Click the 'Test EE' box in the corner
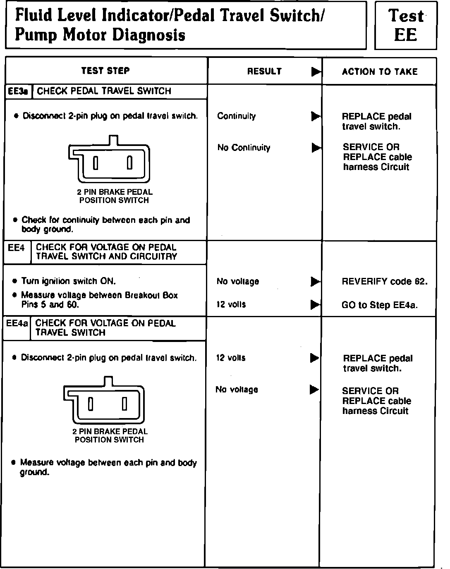405,26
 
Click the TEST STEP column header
105,71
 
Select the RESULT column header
264,71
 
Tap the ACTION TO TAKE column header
380,72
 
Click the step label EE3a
18,91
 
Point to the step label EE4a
17,323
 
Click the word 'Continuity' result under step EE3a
237,116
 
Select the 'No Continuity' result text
244,148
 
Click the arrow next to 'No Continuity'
316,148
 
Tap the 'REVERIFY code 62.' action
385,282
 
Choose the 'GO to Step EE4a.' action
380,305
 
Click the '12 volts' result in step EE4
231,304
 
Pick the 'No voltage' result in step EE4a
237,390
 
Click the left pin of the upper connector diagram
96,163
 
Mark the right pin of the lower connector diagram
124,404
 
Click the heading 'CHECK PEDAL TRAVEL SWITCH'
104,91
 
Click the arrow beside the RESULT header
316,72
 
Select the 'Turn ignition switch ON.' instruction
69,281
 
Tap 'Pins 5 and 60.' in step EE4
50,305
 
